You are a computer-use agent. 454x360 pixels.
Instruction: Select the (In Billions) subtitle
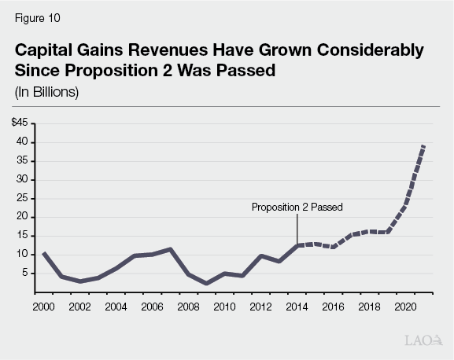pyautogui.click(x=47, y=92)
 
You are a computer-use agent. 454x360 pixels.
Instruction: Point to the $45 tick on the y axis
pyautogui.click(x=19, y=123)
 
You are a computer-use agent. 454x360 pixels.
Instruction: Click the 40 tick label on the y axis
pyautogui.click(x=22, y=142)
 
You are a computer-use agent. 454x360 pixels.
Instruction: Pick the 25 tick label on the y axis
pyautogui.click(x=22, y=198)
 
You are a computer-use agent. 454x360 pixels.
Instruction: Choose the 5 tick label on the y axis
pyautogui.click(x=24, y=273)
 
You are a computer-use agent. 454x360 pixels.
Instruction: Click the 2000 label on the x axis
pyautogui.click(x=43, y=306)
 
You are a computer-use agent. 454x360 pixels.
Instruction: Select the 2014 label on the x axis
pyautogui.click(x=297, y=306)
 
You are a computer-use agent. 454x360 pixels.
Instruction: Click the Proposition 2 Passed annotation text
pyautogui.click(x=297, y=208)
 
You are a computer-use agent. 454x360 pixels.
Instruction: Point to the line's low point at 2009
pyautogui.click(x=206, y=284)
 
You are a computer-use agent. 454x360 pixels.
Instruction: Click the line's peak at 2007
pyautogui.click(x=170, y=249)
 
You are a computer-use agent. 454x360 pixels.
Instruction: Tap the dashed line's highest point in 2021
pyautogui.click(x=424, y=145)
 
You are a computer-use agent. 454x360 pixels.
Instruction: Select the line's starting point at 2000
pyautogui.click(x=43, y=253)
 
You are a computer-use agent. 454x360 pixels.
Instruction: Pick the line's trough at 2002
pyautogui.click(x=79, y=281)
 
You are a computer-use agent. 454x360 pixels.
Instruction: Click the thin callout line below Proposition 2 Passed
pyautogui.click(x=297, y=230)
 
